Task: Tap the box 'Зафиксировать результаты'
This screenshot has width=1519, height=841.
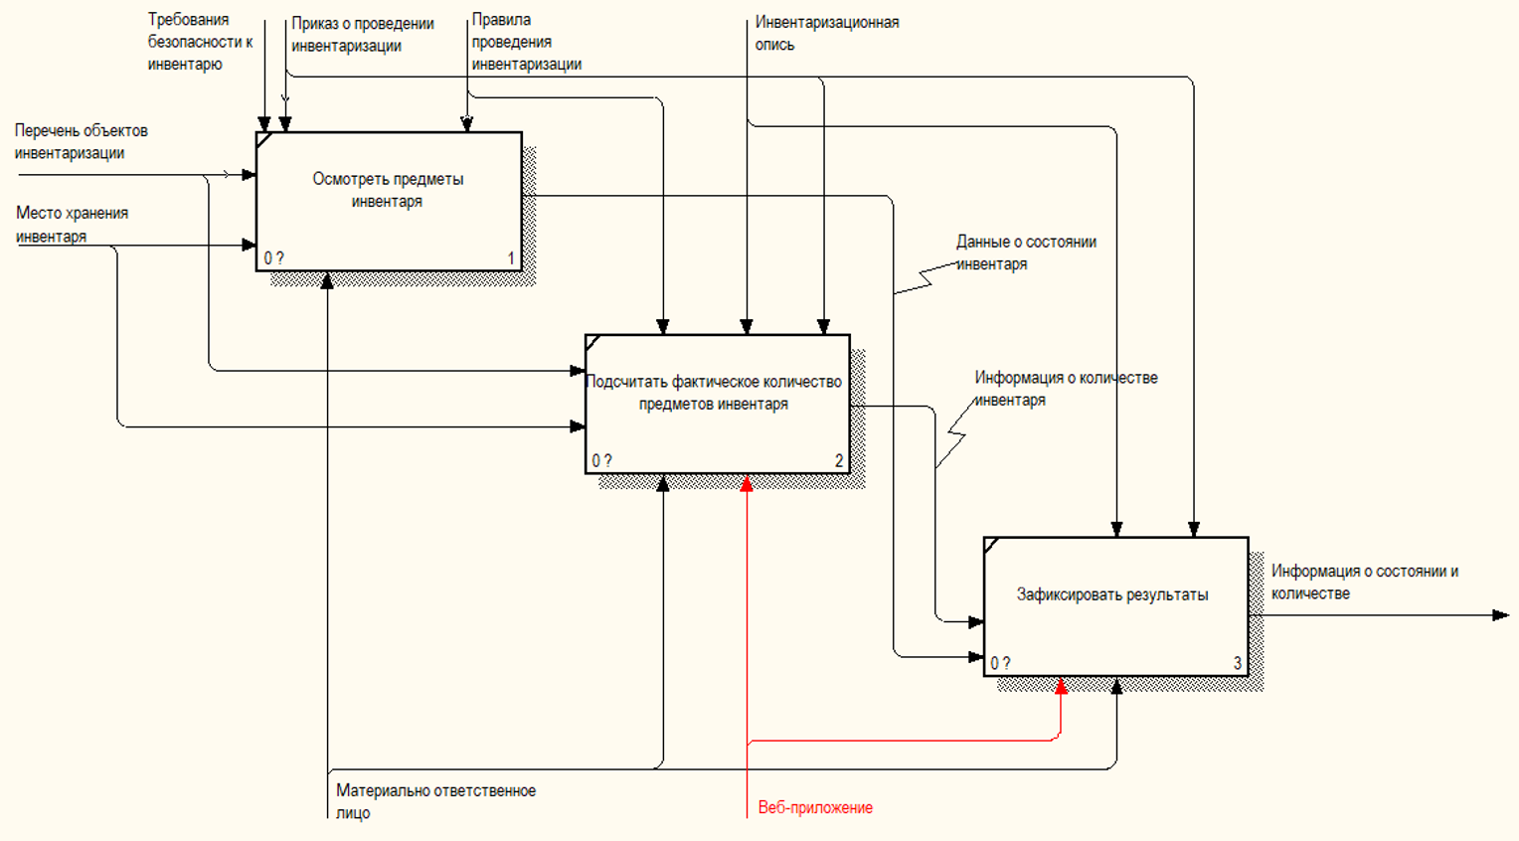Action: tap(1114, 606)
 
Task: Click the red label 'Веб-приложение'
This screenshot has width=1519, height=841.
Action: tap(815, 807)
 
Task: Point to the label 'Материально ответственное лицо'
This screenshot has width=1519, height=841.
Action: tap(435, 801)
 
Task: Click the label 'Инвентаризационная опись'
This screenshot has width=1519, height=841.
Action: tap(826, 33)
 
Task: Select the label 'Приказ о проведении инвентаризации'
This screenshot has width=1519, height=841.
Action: tap(362, 35)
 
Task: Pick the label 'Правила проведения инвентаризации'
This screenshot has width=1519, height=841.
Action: tap(526, 42)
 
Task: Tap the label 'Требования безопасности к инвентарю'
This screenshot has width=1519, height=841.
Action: tap(200, 42)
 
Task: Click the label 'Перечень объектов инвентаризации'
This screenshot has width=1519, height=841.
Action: tap(81, 141)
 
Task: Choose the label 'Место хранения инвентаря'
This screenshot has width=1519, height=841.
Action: tap(72, 225)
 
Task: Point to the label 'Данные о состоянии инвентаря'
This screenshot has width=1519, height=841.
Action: tap(1026, 252)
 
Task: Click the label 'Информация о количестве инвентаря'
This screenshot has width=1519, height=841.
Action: tap(1065, 389)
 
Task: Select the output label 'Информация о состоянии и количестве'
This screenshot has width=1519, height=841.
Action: tap(1364, 582)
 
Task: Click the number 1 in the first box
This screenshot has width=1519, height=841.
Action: tap(511, 258)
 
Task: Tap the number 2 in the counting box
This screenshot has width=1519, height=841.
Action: tap(839, 461)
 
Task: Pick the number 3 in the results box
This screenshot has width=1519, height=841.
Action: tap(1238, 663)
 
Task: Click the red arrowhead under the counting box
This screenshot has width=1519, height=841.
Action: tap(747, 483)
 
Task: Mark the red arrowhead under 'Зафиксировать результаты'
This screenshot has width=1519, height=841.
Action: tap(1061, 686)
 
